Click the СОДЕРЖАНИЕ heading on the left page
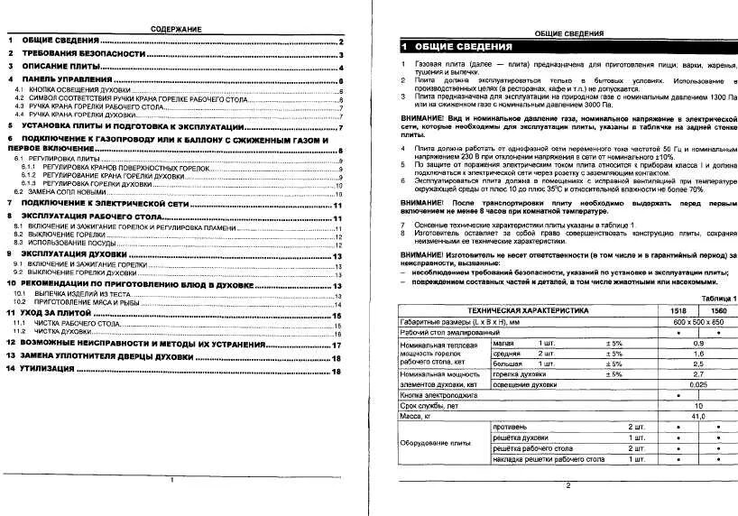click(177, 30)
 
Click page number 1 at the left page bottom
click(172, 481)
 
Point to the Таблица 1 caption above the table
click(718, 299)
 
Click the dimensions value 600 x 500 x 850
click(697, 321)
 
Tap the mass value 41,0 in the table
click(697, 416)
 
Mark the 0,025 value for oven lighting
click(697, 384)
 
